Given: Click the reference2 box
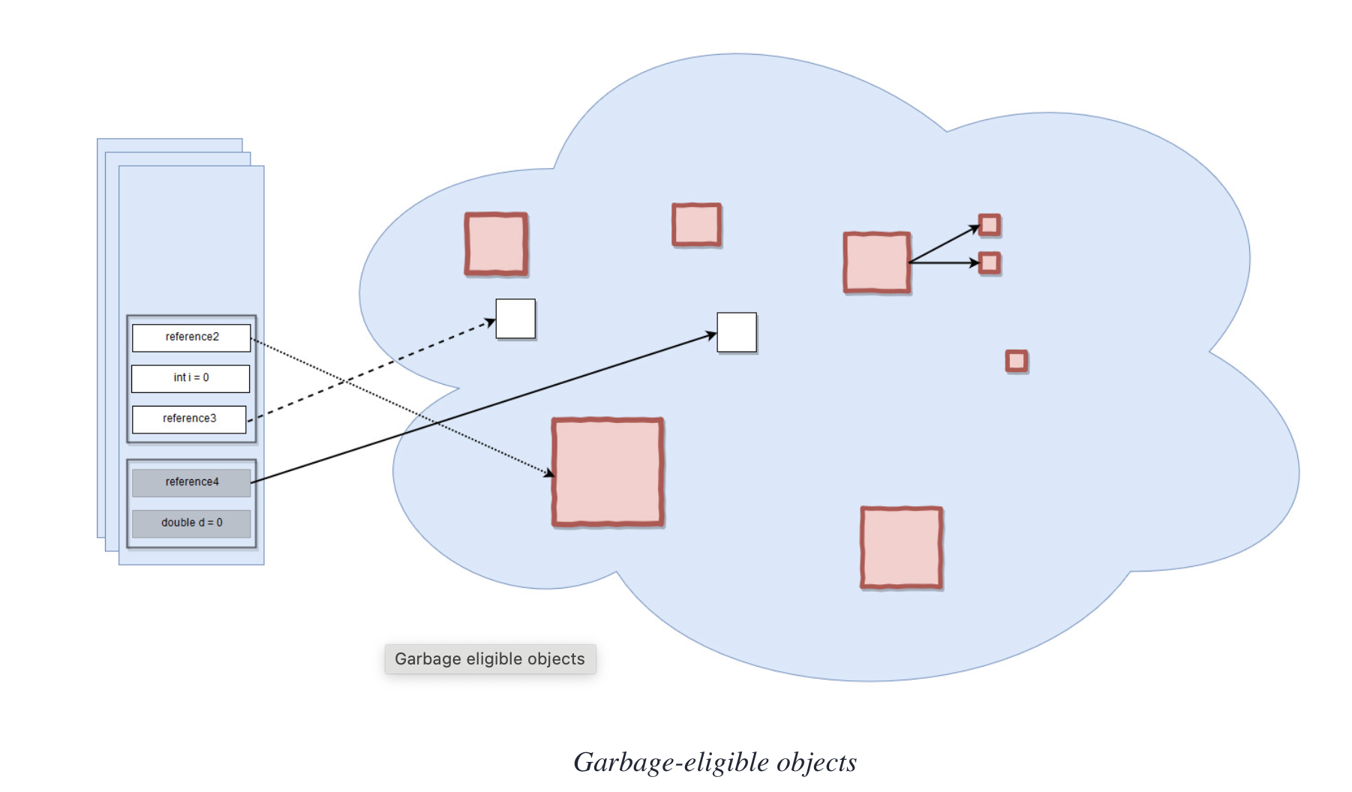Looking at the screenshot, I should pos(191,337).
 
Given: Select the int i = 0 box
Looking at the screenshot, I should pos(191,378).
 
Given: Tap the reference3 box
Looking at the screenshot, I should pos(189,419).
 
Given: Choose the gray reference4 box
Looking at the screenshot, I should pos(191,482).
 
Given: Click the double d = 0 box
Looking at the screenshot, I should pos(191,523).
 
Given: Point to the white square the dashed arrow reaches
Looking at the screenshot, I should pos(515,319).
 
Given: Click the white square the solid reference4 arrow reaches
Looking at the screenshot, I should pos(737,332).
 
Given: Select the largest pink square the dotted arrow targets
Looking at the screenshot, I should pos(608,472).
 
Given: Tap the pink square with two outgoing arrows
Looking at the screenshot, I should pos(876,262).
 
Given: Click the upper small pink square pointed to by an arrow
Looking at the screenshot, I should pos(990,225).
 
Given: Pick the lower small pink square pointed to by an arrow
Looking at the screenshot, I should pos(990,263).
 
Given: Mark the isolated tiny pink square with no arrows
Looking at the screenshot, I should pos(1017,361).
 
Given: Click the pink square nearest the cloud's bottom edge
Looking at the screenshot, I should pos(901,547).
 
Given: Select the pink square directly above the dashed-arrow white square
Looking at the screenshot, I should pos(496,244).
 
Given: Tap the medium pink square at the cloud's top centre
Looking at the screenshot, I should pos(696,224).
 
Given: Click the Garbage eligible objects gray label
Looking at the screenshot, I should pos(490,659).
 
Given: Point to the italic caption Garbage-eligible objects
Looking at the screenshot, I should pos(714,762).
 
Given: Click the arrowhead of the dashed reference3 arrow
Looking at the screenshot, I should pos(491,322).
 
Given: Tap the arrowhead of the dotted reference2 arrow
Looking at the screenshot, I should pos(550,473).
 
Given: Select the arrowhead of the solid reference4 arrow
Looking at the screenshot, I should pos(712,335).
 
